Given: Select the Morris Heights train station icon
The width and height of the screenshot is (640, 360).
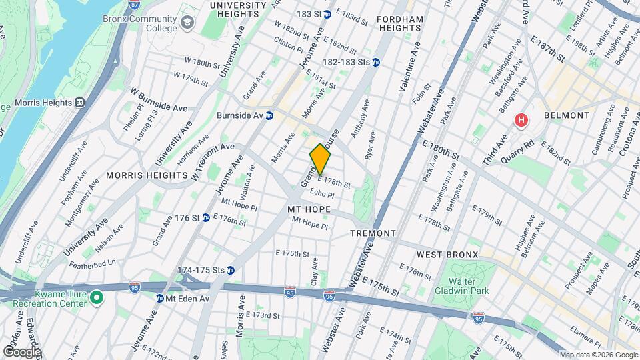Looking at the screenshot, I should click(79, 103).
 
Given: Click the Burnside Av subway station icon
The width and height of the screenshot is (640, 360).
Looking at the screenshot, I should click(269, 115).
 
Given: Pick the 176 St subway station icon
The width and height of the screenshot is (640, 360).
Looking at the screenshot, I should click(206, 218).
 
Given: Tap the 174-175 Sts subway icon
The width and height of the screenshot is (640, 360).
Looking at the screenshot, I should click(231, 270).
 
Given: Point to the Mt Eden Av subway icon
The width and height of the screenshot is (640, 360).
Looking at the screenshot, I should click(160, 298).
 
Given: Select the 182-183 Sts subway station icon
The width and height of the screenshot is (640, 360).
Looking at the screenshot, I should click(375, 62).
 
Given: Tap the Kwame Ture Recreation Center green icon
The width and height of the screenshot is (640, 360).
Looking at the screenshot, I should click(97, 297).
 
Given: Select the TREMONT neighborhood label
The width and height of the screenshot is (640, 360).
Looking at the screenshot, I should click(373, 233).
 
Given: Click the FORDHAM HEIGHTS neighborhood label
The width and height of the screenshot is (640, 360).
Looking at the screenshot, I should click(400, 25).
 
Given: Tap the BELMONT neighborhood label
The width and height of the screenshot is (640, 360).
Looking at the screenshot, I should click(567, 115).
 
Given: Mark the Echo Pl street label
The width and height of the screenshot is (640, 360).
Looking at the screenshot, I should click(321, 193).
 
